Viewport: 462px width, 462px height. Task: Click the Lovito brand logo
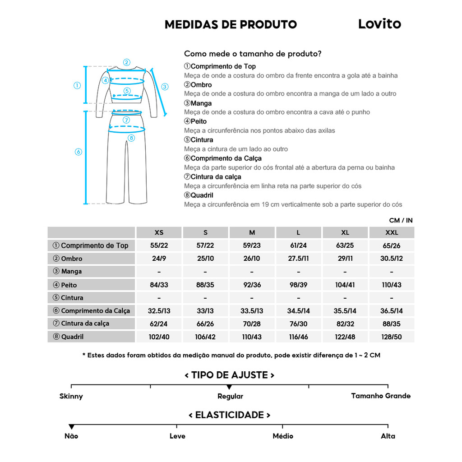[379, 24]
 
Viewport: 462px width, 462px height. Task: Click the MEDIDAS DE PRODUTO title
[231, 24]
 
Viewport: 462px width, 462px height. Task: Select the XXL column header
[392, 233]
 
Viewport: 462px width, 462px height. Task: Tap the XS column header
[159, 233]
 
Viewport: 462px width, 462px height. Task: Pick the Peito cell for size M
[252, 285]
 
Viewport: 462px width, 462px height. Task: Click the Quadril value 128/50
[392, 337]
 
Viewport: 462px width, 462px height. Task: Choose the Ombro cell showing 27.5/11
[298, 259]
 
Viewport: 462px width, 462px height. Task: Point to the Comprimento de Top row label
[91, 246]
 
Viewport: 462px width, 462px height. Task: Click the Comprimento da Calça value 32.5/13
[159, 311]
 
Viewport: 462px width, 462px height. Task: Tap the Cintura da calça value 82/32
[345, 324]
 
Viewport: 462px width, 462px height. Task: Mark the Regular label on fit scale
[230, 397]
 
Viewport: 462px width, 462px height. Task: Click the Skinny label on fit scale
[71, 397]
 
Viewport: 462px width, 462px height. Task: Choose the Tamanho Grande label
[381, 396]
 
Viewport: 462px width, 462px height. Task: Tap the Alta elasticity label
[388, 436]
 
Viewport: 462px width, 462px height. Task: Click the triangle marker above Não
[71, 427]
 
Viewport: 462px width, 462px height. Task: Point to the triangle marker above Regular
[229, 387]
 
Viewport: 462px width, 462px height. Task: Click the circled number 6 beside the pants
[78, 152]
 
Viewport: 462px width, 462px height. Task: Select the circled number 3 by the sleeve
[165, 87]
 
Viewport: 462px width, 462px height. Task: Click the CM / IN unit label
[401, 221]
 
